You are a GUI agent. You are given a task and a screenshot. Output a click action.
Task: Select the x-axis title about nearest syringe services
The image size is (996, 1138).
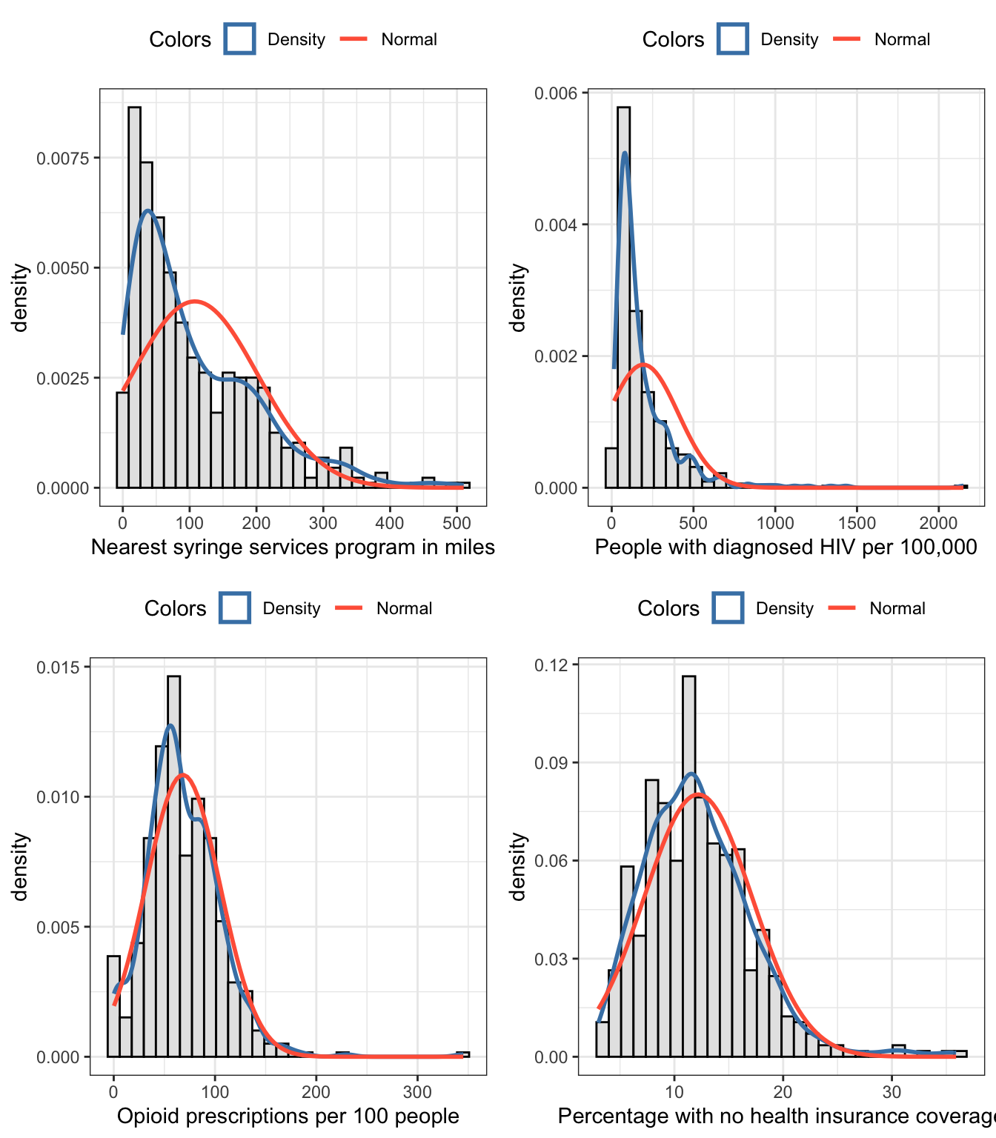pos(293,548)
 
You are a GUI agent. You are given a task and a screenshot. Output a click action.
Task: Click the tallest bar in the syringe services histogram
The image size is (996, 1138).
pos(134,296)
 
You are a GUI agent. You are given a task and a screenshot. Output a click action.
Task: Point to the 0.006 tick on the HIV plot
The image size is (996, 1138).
pos(556,93)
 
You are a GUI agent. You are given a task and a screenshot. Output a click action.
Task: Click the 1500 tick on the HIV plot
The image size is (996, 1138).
pos(857,523)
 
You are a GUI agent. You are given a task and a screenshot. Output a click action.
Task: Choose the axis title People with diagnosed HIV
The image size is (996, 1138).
pos(786,548)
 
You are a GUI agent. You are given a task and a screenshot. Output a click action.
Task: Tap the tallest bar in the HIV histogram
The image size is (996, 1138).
pos(623,296)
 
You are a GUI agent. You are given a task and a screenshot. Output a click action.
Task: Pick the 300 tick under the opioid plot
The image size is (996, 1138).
pos(417,1092)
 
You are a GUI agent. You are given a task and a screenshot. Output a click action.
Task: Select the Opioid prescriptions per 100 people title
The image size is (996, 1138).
pos(288,1117)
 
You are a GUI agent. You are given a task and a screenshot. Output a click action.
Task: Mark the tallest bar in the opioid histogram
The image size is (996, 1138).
pos(173,867)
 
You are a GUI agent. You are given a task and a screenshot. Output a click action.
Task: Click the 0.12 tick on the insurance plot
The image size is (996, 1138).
pos(551,665)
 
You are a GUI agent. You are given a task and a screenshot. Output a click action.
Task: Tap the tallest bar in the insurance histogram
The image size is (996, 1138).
pos(689,867)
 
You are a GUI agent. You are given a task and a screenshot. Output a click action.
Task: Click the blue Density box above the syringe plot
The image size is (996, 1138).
pos(239,39)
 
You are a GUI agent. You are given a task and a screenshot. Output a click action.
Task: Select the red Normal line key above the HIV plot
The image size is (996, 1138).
pos(846,39)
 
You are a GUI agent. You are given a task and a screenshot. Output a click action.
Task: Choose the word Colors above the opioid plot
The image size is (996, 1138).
pos(175,608)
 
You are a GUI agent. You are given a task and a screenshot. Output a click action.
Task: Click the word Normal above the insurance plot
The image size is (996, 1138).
pos(897,608)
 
